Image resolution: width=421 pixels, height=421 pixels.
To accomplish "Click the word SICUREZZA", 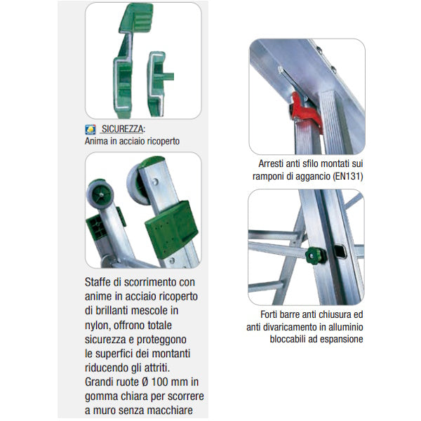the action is [122, 129].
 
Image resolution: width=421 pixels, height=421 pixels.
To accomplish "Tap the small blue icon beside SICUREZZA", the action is [91, 130].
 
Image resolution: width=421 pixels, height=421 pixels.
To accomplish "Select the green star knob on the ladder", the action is [316, 255].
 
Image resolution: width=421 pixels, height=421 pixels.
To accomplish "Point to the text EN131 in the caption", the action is [347, 176].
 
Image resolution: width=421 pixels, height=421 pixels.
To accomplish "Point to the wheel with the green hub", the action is [100, 194].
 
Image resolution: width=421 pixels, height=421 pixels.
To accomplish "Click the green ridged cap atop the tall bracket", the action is [136, 18].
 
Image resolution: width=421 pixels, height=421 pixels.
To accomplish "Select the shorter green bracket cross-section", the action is [159, 83].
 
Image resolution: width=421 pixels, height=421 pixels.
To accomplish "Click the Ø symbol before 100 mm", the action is [145, 382].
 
